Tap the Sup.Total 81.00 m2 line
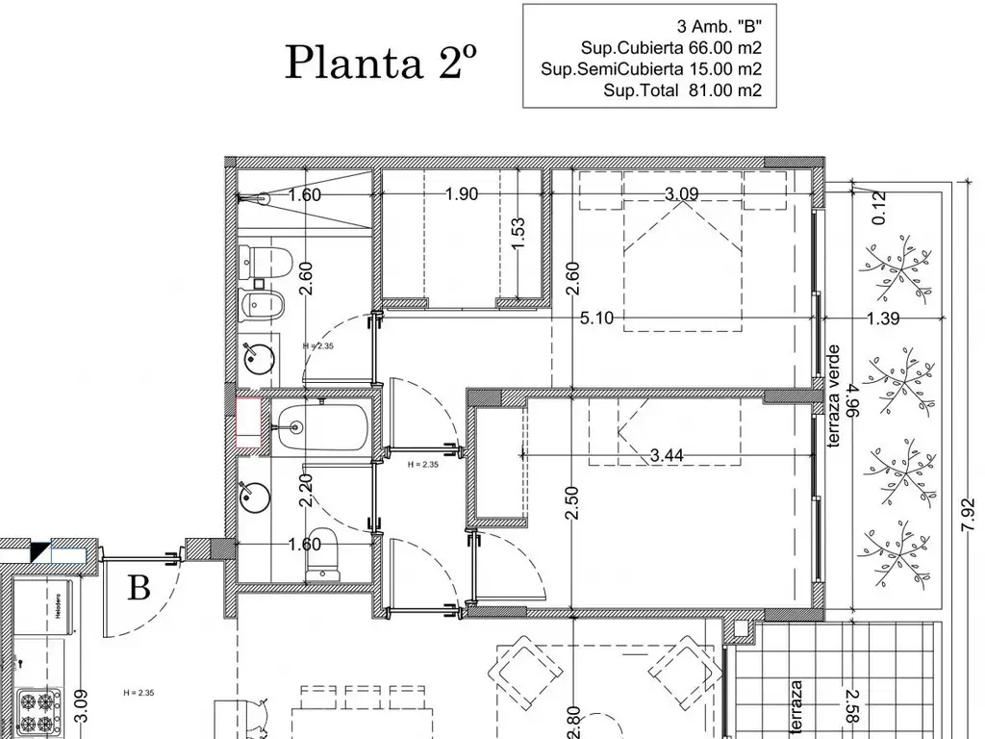[682, 91]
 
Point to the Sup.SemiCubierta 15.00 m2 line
[651, 69]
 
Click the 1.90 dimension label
[461, 194]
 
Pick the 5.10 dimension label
[596, 319]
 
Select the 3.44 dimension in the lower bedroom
[667, 456]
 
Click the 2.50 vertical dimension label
[571, 503]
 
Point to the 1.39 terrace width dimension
[883, 319]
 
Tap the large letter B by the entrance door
[139, 587]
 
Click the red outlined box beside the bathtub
[249, 423]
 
